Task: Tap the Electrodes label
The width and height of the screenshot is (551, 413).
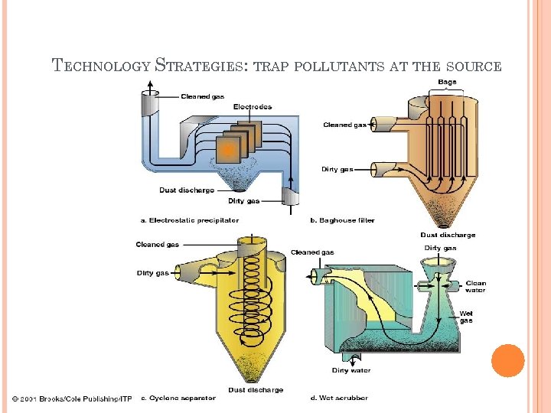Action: click(252, 106)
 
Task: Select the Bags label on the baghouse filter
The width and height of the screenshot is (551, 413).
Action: click(448, 82)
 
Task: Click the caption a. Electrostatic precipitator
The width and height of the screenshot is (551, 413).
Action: click(189, 220)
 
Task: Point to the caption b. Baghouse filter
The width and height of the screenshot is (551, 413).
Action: click(342, 220)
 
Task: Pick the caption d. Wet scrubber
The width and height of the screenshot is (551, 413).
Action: click(339, 398)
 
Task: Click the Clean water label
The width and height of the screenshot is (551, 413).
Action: click(475, 287)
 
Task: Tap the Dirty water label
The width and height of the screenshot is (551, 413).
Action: click(351, 370)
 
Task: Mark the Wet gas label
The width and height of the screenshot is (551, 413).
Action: click(466, 317)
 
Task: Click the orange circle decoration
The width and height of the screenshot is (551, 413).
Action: click(507, 360)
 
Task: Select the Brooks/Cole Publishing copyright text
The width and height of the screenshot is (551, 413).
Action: click(71, 398)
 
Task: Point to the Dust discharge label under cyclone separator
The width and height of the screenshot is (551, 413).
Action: click(256, 389)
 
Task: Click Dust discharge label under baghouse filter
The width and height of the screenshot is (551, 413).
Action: click(448, 235)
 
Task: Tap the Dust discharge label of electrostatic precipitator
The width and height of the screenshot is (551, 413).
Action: click(186, 190)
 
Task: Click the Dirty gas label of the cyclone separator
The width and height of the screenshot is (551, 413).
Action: click(153, 272)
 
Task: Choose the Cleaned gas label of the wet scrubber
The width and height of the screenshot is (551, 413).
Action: click(312, 252)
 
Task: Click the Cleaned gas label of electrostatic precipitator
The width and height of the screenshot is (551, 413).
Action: click(201, 96)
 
